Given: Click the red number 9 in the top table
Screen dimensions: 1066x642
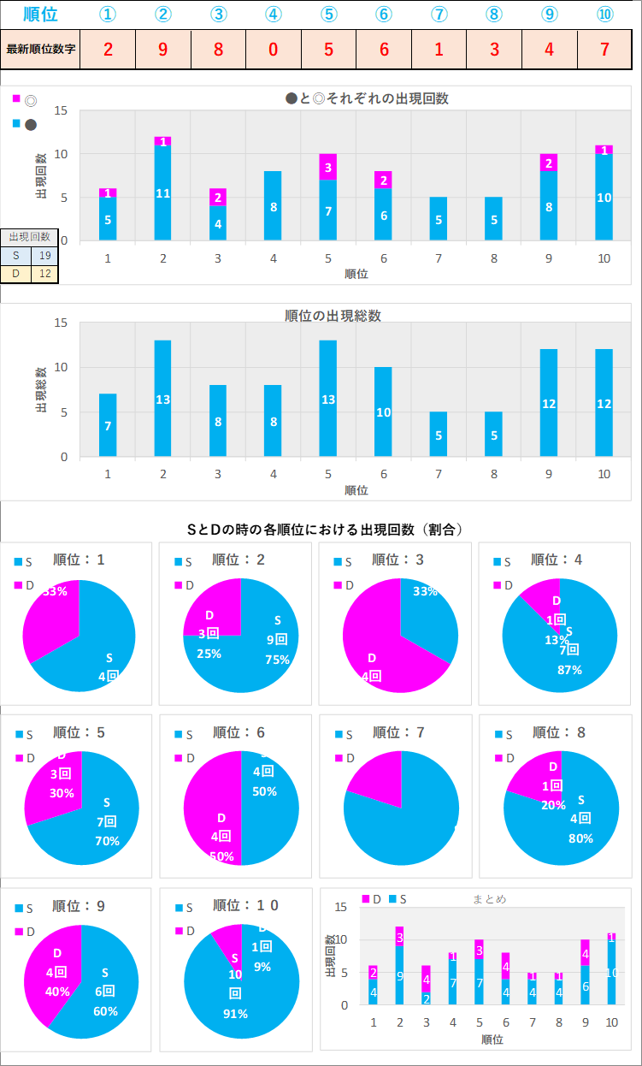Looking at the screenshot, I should (x=162, y=49).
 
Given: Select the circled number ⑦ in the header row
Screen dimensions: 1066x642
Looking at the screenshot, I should (x=439, y=15).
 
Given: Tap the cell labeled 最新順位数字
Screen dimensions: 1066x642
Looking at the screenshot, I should (x=40, y=49).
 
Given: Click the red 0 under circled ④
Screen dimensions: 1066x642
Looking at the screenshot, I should (x=273, y=49).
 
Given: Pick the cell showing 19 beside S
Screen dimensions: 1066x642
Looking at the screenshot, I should (x=44, y=254).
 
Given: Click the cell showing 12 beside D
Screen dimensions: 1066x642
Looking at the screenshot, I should (x=44, y=274).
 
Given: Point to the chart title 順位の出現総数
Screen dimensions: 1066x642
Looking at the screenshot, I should (x=333, y=316).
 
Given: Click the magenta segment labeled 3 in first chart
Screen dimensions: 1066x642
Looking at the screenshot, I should (x=328, y=168).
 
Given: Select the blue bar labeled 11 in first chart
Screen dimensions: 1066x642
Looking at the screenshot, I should (x=162, y=193).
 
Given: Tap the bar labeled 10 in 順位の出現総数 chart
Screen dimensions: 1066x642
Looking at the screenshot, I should (x=383, y=412).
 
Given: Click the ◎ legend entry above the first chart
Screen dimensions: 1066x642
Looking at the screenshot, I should (x=31, y=99).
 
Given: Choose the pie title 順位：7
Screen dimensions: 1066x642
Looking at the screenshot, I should (x=398, y=732).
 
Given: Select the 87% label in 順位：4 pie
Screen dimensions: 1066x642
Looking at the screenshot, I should (x=568, y=670).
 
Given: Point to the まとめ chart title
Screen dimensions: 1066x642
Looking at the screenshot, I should (x=489, y=899).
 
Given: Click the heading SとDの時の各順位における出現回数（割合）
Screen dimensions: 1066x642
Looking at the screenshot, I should (x=325, y=530).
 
